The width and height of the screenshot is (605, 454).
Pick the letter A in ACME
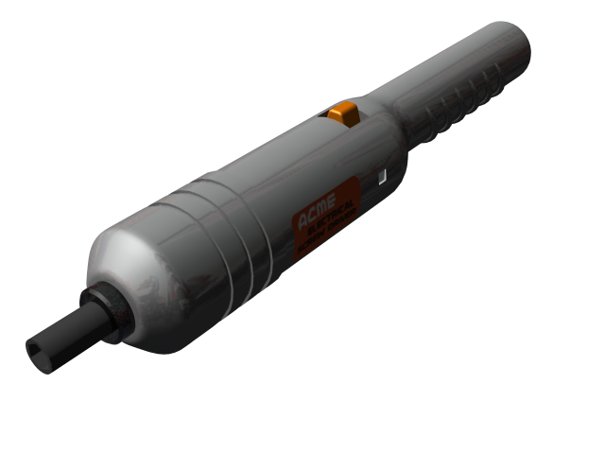click(x=302, y=225)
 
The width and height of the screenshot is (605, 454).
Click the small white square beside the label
click(x=381, y=177)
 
